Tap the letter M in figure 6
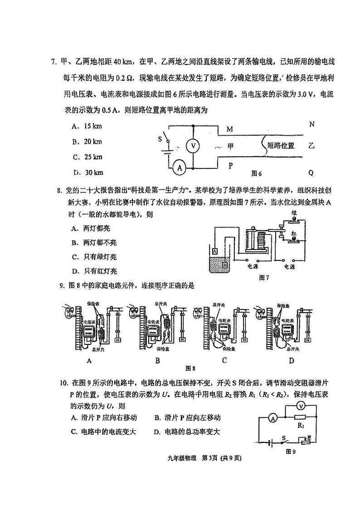coord(230,129)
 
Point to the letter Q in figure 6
coord(311,172)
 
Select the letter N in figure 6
coord(311,124)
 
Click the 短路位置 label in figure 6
coord(281,146)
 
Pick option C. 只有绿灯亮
coord(94,257)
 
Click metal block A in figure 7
coord(214,250)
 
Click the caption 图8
coord(191,368)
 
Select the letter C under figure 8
coord(224,361)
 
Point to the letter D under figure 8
coord(292,361)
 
